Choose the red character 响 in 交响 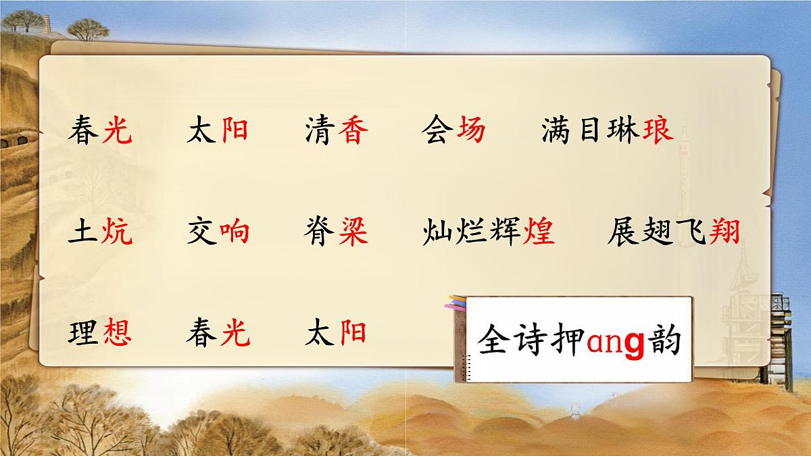tap(235, 232)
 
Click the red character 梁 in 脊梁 tap(353, 232)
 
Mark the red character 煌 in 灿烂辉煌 tap(539, 232)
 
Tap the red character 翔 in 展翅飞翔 tap(724, 232)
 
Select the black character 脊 tap(320, 232)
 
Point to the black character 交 tap(201, 232)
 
